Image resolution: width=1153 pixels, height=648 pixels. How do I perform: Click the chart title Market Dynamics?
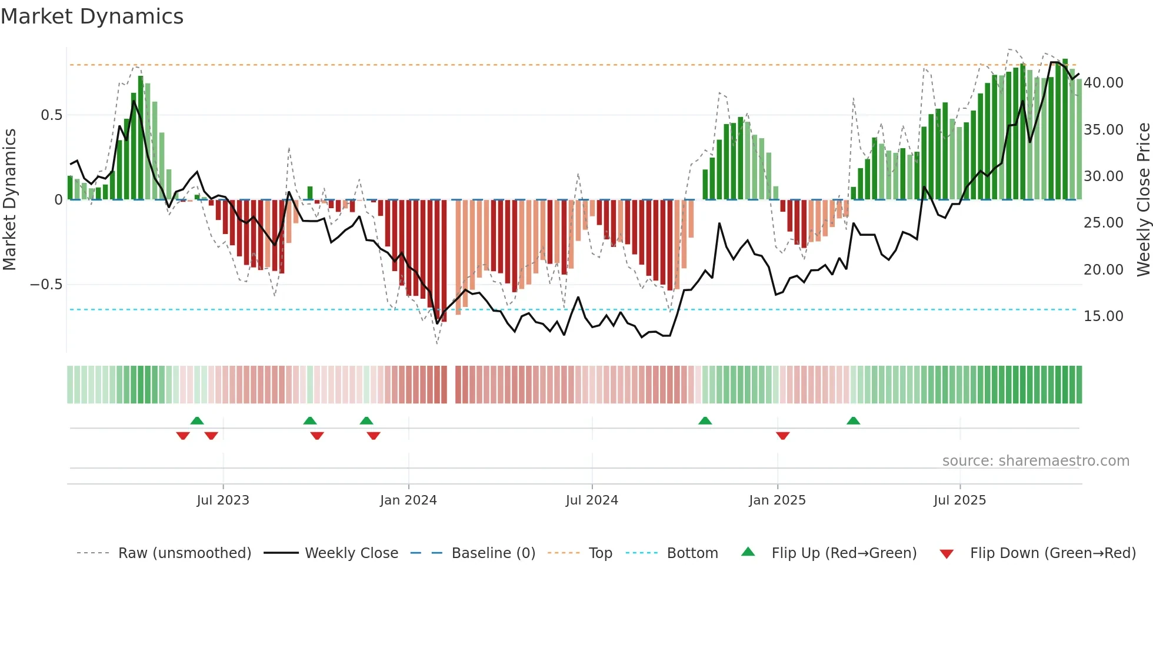tap(92, 16)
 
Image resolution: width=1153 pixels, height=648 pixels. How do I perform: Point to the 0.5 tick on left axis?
tap(51, 115)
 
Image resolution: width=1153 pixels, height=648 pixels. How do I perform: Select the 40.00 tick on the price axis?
tap(1104, 83)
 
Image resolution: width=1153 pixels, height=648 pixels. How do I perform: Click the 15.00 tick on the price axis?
tap(1104, 316)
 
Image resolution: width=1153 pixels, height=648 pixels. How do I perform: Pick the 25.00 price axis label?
tap(1104, 223)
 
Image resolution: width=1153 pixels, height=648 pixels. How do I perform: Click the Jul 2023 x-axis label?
tap(223, 500)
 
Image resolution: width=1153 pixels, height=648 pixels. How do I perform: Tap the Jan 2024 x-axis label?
tap(408, 500)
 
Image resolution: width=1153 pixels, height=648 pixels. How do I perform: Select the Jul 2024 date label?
tap(592, 500)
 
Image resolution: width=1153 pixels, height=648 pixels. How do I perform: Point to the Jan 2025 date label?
tap(777, 500)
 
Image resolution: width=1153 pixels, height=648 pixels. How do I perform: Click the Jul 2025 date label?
tap(959, 500)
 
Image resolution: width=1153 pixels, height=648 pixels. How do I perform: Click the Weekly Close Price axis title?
tap(1143, 199)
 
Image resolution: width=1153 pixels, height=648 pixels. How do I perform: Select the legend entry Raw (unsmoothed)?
tap(184, 553)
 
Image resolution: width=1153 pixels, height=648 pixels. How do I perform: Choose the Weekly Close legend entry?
tap(351, 553)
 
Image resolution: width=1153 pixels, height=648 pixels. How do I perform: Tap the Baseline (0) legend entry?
tap(493, 553)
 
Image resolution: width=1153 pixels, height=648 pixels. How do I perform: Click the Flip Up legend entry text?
tap(844, 553)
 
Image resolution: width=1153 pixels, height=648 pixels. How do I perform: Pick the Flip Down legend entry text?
tap(1052, 553)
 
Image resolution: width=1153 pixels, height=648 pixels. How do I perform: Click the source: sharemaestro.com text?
tap(1035, 461)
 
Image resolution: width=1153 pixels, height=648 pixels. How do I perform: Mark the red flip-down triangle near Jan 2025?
tap(782, 435)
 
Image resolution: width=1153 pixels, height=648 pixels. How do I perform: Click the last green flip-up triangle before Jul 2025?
tap(853, 420)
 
